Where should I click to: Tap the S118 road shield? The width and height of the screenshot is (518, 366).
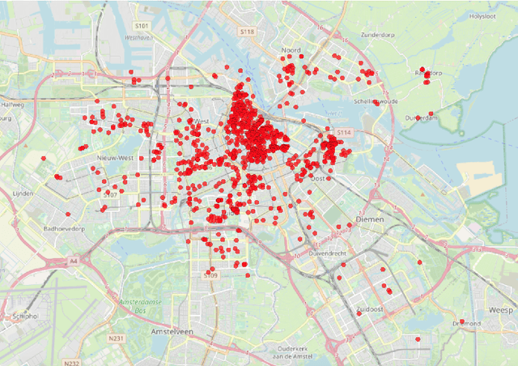click(247, 31)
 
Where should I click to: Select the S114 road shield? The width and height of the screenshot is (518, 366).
click(344, 132)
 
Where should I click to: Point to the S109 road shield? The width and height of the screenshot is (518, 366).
click(210, 275)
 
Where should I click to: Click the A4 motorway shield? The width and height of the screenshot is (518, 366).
click(74, 261)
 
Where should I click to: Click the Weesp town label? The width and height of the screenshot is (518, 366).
click(501, 310)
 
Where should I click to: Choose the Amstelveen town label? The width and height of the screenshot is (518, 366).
click(175, 332)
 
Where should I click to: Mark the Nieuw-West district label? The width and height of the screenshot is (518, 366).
click(114, 158)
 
